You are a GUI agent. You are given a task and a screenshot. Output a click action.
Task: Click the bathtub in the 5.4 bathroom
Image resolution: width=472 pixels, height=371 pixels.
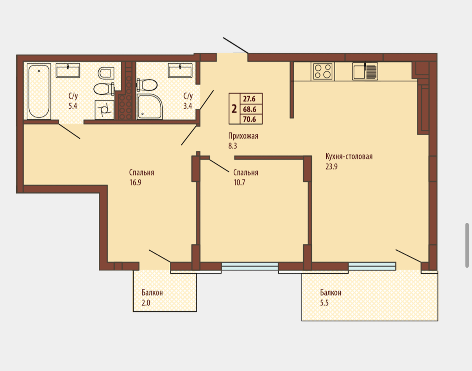pyautogui.click(x=39, y=91)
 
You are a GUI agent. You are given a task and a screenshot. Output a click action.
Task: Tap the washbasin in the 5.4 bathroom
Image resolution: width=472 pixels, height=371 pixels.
pyautogui.click(x=68, y=70)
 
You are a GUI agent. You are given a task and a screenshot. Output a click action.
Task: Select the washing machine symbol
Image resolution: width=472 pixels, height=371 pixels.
pyautogui.click(x=105, y=110)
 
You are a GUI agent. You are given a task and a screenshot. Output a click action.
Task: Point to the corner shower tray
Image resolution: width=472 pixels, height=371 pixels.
pyautogui.click(x=150, y=106)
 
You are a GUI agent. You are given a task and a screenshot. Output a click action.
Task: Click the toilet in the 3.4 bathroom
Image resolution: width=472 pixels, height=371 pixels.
pyautogui.click(x=147, y=85)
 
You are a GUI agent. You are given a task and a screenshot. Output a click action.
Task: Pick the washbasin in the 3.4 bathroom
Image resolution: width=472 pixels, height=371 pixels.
pyautogui.click(x=180, y=70)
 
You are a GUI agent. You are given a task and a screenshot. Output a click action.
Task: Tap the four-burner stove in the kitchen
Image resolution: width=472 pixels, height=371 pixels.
pyautogui.click(x=323, y=71)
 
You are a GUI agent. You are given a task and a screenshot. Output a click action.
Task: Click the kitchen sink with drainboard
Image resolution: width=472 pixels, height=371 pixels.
pyautogui.click(x=365, y=71)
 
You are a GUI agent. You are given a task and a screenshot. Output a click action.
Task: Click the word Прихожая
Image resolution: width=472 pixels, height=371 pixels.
pyautogui.click(x=243, y=136)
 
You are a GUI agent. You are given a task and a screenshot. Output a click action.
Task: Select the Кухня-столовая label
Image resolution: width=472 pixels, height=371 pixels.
pyautogui.click(x=349, y=156)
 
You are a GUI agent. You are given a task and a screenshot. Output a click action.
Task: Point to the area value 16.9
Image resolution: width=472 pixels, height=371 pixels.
pyautogui.click(x=135, y=183)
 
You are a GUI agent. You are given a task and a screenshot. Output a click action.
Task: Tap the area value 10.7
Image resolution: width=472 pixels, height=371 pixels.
pyautogui.click(x=239, y=183)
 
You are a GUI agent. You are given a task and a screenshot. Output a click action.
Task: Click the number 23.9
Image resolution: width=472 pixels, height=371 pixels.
pyautogui.click(x=331, y=166)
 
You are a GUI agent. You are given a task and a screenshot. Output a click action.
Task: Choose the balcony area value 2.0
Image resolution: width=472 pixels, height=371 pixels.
pyautogui.click(x=146, y=303)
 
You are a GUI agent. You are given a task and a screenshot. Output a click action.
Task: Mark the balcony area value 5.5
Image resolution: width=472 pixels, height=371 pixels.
pyautogui.click(x=325, y=303)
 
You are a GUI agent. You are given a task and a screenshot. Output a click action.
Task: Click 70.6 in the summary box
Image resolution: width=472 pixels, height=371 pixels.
pyautogui.click(x=250, y=119)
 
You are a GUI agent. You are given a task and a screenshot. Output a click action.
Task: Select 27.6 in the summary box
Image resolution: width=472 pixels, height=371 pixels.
pyautogui.click(x=250, y=99)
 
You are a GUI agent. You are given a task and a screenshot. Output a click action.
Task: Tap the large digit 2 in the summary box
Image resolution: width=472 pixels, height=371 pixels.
pyautogui.click(x=234, y=109)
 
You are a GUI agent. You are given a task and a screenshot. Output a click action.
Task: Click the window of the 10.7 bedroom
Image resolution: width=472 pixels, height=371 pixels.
pyautogui.click(x=250, y=266)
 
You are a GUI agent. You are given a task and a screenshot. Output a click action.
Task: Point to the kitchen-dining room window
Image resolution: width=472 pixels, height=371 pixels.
pyautogui.click(x=372, y=266)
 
